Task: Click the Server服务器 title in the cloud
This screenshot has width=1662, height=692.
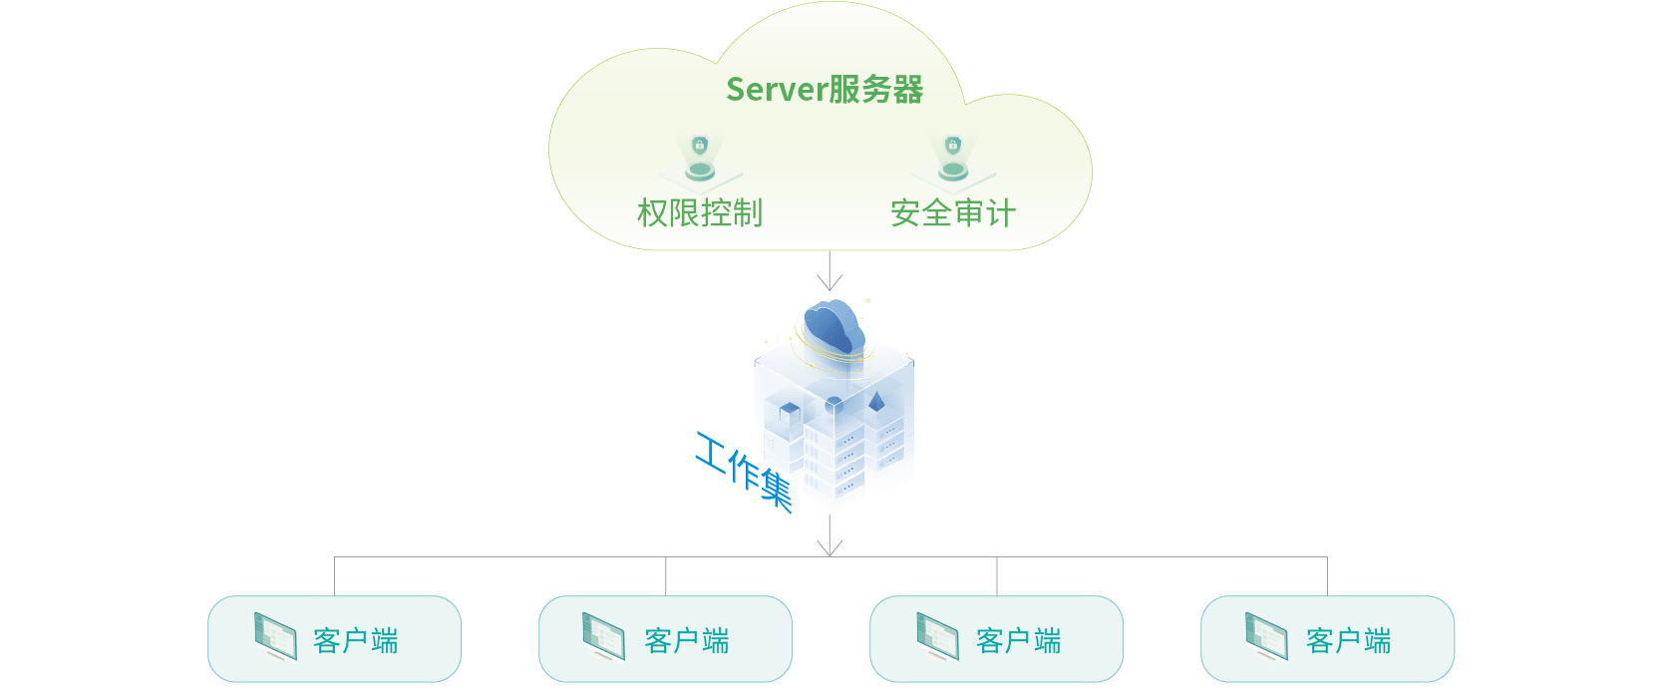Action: tap(825, 90)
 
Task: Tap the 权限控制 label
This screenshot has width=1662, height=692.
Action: tap(700, 213)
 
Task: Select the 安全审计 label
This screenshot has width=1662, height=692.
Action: tap(952, 213)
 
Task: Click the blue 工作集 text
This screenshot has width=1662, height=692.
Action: tap(744, 471)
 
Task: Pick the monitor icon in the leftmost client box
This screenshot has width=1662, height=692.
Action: tap(275, 636)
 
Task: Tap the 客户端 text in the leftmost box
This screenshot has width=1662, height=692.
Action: tap(356, 640)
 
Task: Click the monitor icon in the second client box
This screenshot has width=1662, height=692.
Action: tap(604, 636)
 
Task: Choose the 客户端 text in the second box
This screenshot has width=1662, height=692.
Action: tap(687, 640)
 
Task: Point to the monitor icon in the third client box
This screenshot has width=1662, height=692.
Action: tap(937, 636)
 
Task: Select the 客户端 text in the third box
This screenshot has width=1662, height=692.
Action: tap(1019, 640)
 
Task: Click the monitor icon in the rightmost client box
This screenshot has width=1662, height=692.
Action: tap(1266, 636)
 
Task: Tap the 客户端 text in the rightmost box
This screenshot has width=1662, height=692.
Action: tap(1349, 640)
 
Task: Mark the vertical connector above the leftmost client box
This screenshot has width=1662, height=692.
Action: tap(334, 576)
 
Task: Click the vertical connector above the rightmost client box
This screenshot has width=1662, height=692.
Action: tap(1327, 576)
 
